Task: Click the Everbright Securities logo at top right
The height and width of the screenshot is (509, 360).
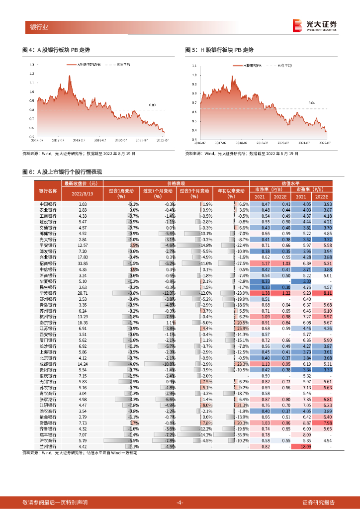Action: pos(315,25)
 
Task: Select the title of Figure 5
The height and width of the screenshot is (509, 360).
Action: pos(219,50)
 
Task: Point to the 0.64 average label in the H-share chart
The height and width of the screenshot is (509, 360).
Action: pos(311,102)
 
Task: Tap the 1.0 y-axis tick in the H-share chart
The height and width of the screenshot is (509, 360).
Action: pos(193,75)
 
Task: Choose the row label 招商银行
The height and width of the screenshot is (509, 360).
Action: pos(48,263)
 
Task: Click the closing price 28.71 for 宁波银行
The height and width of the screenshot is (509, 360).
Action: pos(83,294)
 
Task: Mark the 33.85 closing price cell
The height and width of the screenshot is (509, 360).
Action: pos(83,263)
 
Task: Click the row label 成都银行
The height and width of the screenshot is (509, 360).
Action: pos(48,364)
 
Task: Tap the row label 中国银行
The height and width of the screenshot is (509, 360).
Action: pos(48,204)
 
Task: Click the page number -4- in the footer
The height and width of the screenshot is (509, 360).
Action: pos(180,503)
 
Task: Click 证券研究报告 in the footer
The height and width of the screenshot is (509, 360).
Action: pos(319,503)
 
